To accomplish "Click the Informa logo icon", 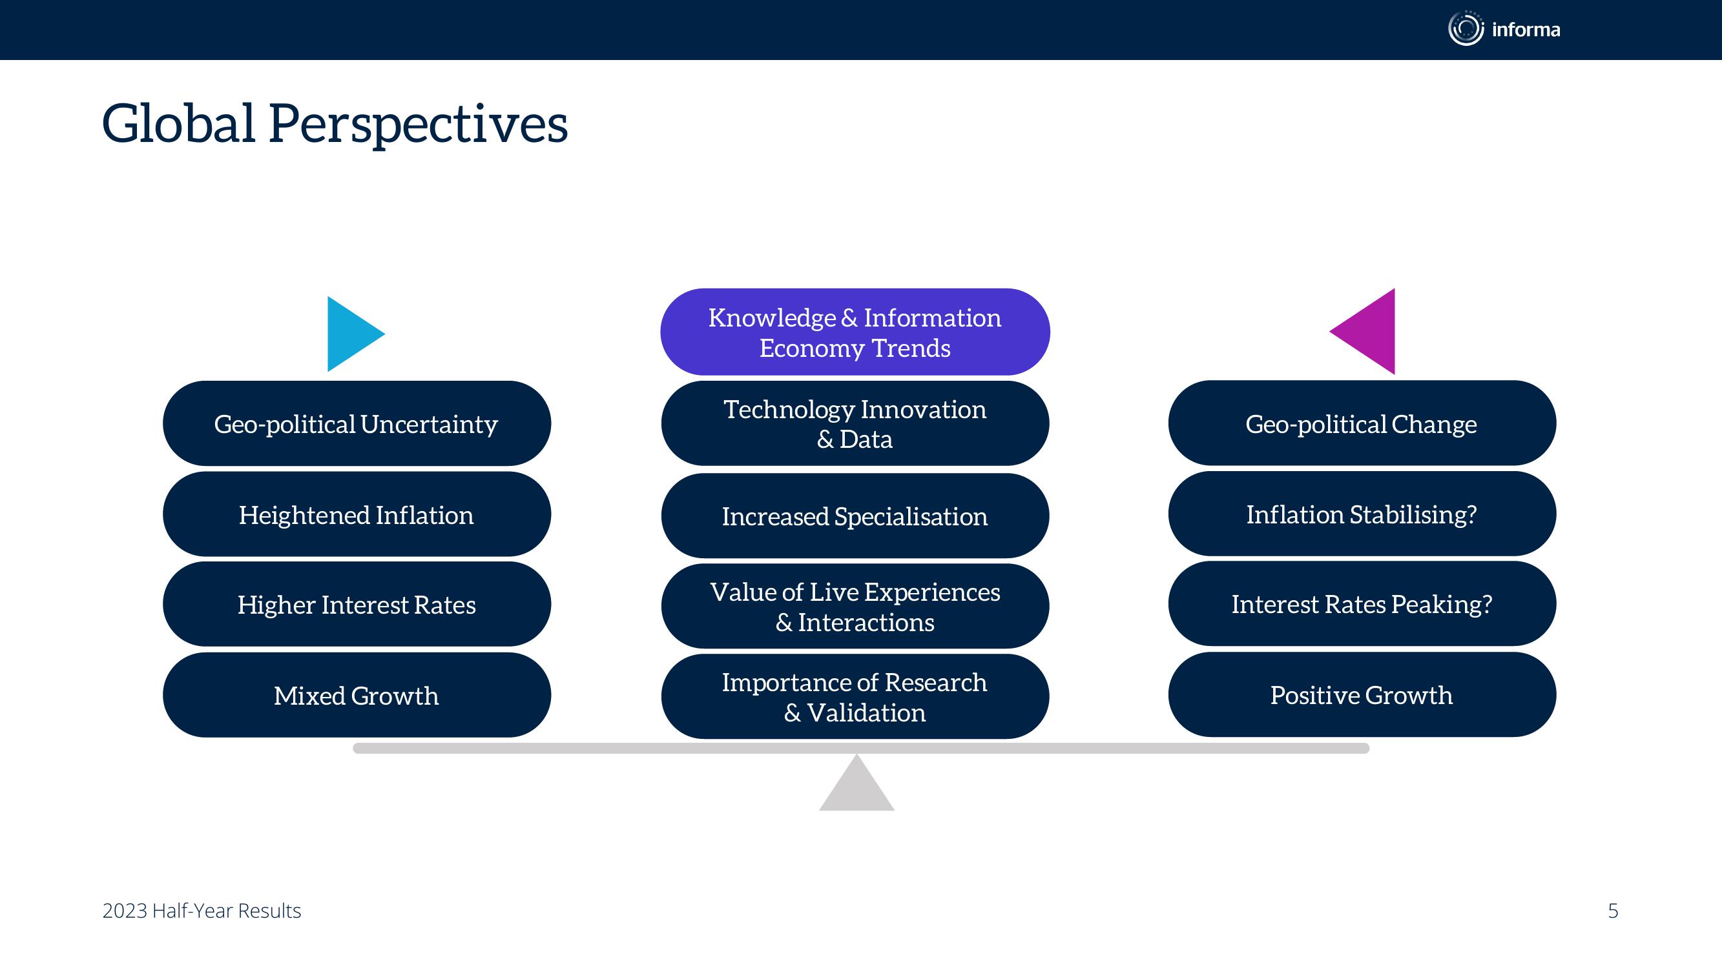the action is pos(1466,29).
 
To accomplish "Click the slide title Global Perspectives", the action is pos(334,125).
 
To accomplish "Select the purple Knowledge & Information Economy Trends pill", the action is pos(855,332).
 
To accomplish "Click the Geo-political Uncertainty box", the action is pos(357,423).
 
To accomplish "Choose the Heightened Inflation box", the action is pos(357,514).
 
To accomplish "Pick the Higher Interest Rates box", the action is pos(357,604).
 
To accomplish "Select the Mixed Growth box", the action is pos(357,695).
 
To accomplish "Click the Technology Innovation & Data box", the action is pos(855,423).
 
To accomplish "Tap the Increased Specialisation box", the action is pos(855,516).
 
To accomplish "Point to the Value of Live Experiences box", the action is pos(855,606).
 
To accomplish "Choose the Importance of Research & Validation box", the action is pos(855,696).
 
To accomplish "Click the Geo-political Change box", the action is pos(1362,423).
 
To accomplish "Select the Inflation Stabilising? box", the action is pos(1362,514).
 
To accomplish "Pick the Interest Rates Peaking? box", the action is pos(1362,603).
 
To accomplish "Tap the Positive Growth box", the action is pos(1362,695).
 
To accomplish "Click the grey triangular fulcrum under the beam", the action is pos(856,789).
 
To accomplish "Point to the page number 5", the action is pos(1613,911).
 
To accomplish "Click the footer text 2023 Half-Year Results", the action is pos(202,911).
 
